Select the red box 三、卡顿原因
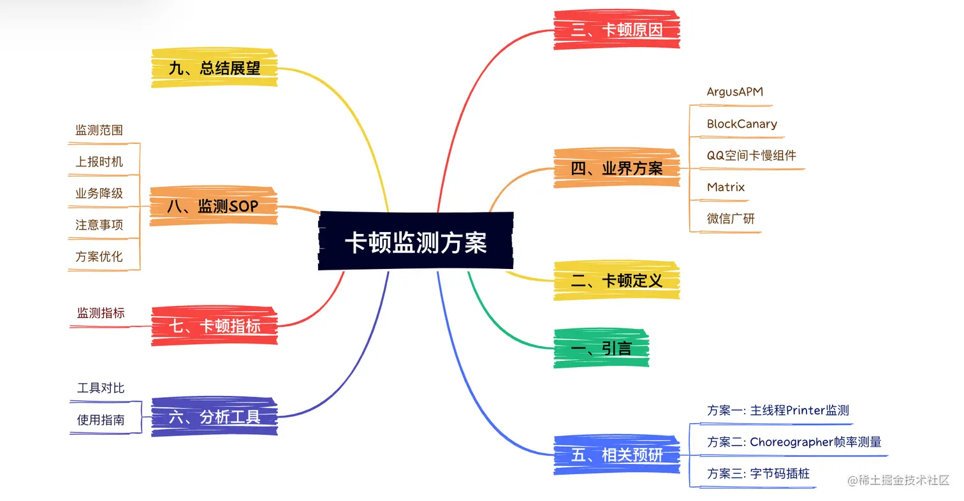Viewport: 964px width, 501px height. click(x=617, y=30)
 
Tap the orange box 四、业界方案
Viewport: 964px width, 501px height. click(x=617, y=168)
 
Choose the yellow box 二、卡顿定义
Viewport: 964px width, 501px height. click(x=617, y=280)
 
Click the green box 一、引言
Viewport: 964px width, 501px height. click(x=601, y=349)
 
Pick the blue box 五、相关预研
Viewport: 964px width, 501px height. click(x=617, y=455)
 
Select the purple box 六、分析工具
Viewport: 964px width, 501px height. click(x=214, y=417)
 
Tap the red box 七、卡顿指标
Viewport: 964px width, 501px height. click(x=214, y=326)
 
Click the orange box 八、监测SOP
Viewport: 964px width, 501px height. click(x=214, y=207)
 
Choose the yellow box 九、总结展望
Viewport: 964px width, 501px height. click(x=214, y=68)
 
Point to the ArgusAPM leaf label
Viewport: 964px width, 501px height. click(x=734, y=92)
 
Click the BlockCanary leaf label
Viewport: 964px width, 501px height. click(x=741, y=124)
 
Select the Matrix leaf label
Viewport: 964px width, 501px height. click(x=726, y=187)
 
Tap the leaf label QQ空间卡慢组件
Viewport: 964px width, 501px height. click(x=751, y=155)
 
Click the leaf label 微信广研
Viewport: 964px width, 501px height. click(x=731, y=219)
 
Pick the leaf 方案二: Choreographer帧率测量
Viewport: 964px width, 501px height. click(x=794, y=442)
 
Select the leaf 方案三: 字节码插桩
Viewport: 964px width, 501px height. click(x=758, y=473)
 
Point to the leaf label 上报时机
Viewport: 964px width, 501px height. click(x=99, y=162)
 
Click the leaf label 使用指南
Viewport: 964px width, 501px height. click(x=101, y=419)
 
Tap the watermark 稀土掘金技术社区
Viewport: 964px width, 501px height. click(x=899, y=480)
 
